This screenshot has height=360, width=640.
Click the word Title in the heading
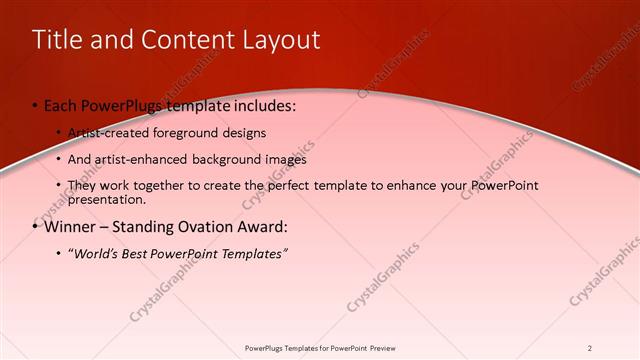coord(56,40)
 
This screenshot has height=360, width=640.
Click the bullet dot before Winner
coord(36,227)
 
